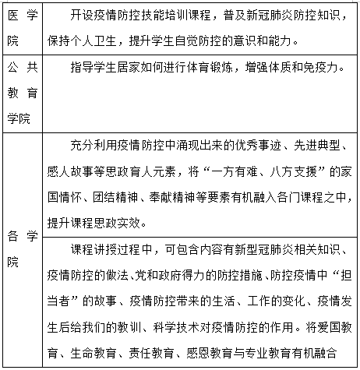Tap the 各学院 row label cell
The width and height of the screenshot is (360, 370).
(20, 247)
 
